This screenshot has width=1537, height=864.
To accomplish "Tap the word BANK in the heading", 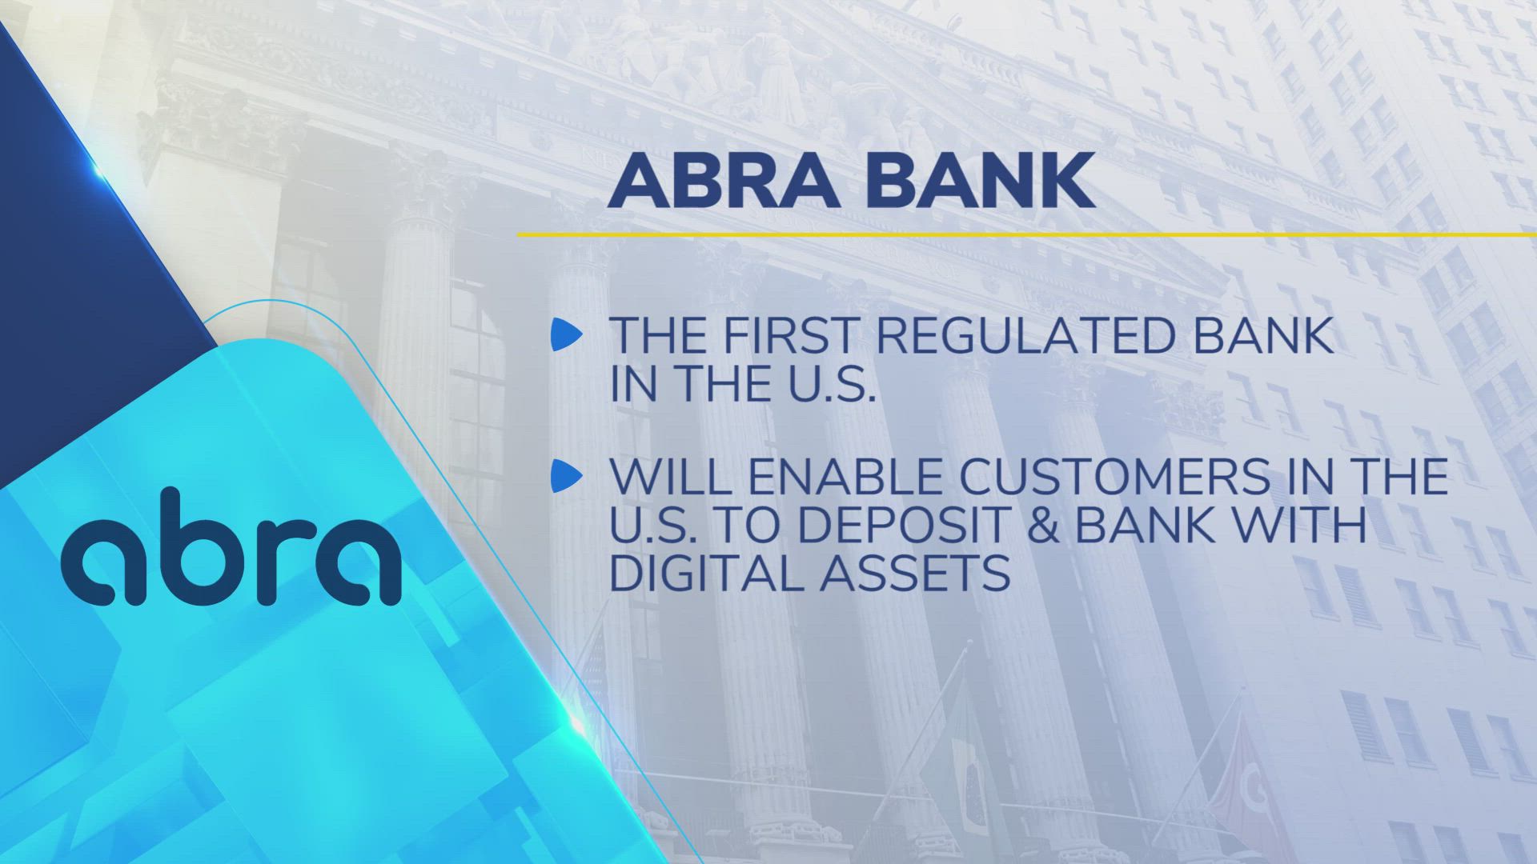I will pos(981,182).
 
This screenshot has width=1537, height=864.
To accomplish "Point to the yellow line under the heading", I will pos(1025,234).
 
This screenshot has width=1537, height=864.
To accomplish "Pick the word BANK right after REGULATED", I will pos(1263,335).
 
